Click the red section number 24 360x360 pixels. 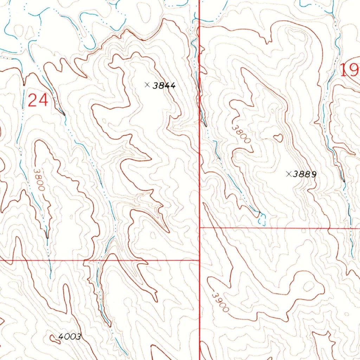point(38,101)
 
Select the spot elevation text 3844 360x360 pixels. point(164,85)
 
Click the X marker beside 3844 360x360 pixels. point(147,84)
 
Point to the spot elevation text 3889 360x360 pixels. point(306,174)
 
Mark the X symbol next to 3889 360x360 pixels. point(289,173)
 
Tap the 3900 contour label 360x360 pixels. point(220,301)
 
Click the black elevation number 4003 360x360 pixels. point(70,337)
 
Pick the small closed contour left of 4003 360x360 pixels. point(54,338)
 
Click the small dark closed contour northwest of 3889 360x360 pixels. point(278,137)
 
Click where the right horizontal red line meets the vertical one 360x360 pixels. point(200,227)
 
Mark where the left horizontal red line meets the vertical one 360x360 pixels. point(199,261)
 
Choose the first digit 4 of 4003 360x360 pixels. point(61,337)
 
